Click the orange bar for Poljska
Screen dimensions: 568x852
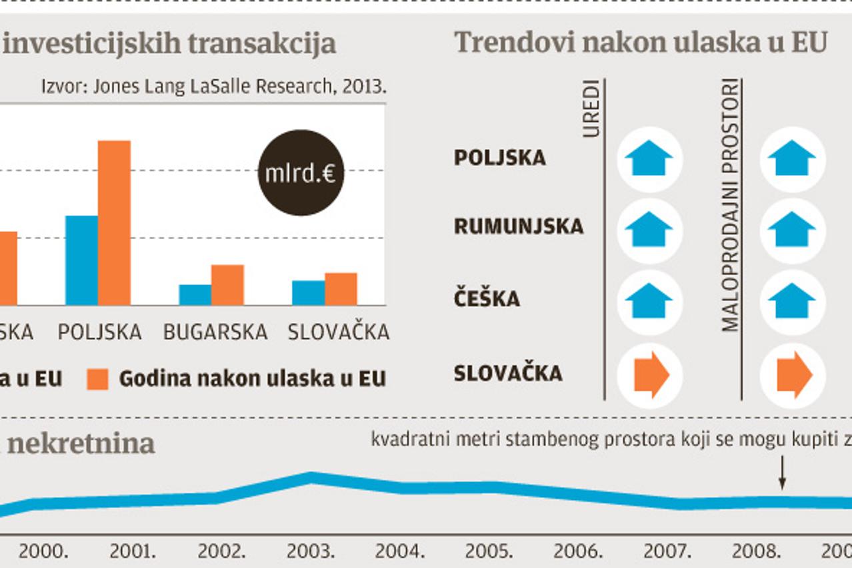coord(114,222)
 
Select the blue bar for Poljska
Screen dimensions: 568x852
coord(81,260)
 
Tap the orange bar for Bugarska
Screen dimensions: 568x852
coord(227,285)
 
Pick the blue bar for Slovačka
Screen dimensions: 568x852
coord(309,293)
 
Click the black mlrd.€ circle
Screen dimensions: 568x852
coord(301,173)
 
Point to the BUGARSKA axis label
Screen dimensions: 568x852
coord(215,332)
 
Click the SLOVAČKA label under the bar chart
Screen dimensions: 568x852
coord(338,332)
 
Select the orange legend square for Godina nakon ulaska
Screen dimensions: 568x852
coord(97,379)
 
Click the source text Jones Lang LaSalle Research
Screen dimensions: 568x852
coord(214,87)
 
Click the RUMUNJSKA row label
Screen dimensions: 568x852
coord(518,226)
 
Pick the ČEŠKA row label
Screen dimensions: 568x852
coord(487,298)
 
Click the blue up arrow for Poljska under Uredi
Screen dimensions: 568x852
coord(649,158)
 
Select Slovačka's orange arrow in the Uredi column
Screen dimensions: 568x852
coord(650,374)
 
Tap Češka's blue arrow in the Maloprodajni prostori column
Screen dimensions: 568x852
coord(791,301)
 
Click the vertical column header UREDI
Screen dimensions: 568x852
coord(591,109)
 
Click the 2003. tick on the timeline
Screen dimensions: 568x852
coord(311,551)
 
